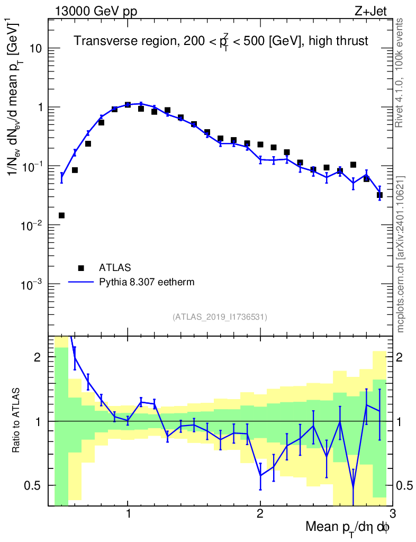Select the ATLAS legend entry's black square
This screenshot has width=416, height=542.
coord(81,268)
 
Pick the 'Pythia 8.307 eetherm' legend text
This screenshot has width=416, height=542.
coord(147,282)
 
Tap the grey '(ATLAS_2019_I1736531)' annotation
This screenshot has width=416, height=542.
coord(220,317)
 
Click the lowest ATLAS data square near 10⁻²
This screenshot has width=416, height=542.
coord(61,215)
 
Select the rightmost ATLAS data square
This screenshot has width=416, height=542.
coord(379,195)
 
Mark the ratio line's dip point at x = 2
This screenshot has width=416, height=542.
coord(260,475)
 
